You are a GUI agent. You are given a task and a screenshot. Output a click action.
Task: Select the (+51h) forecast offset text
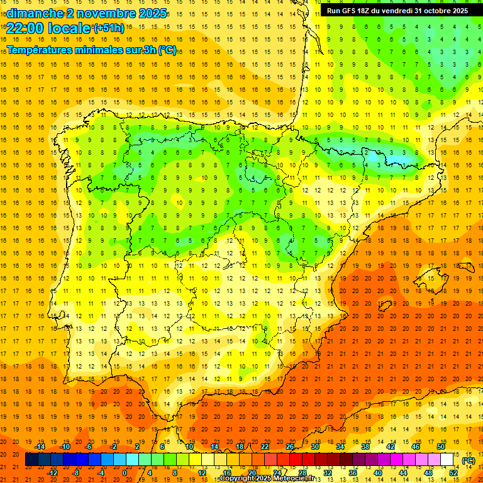tap(108, 28)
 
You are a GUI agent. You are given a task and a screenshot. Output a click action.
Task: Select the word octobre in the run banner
tap(433, 11)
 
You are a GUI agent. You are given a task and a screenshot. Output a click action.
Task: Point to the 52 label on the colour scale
tap(453, 473)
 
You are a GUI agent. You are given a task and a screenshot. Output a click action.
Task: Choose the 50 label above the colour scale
tap(440, 447)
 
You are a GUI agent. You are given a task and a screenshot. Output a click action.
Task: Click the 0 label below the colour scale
tap(125, 473)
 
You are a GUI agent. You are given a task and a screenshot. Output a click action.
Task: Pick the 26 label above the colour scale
tap(290, 447)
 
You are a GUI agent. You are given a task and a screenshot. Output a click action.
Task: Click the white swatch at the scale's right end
tap(447, 460)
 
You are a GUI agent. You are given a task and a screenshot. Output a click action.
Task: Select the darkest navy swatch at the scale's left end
tap(31, 460)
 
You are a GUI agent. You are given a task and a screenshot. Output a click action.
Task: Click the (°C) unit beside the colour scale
tap(469, 460)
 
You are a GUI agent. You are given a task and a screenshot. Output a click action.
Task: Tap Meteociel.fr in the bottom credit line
tap(297, 479)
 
